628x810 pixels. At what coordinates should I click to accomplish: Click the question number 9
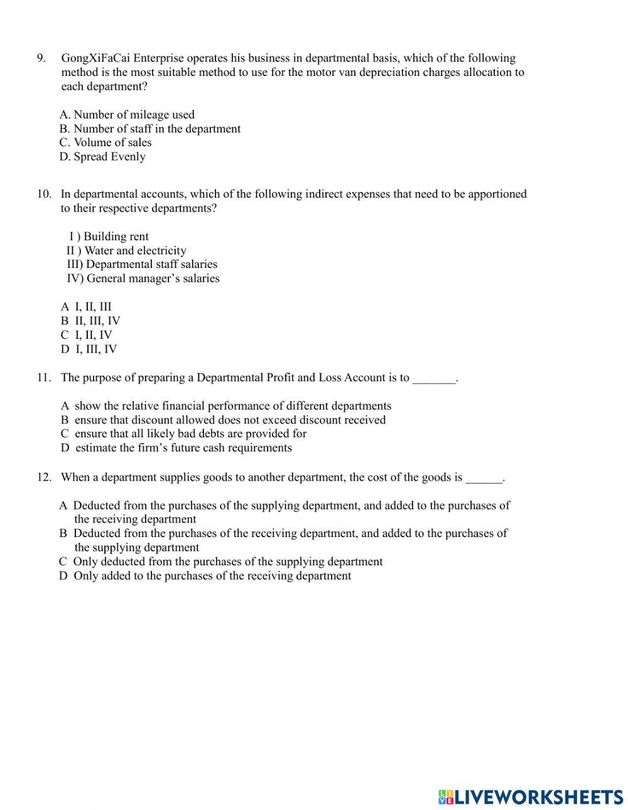click(x=41, y=58)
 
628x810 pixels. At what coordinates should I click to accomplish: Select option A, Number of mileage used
click(x=127, y=115)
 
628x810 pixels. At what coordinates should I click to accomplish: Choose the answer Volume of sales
click(x=106, y=142)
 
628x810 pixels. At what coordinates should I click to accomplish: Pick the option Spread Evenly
click(x=102, y=157)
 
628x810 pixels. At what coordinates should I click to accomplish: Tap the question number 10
click(x=44, y=194)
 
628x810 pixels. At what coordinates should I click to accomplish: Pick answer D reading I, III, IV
click(x=89, y=349)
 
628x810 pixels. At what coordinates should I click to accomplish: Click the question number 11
click(x=43, y=378)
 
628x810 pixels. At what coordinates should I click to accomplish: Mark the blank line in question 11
click(x=434, y=380)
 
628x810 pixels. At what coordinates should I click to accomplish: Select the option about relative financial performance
click(x=226, y=406)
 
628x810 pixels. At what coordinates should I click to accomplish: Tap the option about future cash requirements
click(x=176, y=448)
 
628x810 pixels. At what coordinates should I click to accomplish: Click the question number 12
click(x=44, y=477)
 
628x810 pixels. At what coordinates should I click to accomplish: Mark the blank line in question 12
click(x=484, y=479)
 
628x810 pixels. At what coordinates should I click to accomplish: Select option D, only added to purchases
click(x=205, y=576)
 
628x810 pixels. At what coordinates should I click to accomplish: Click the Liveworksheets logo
click(x=531, y=797)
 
